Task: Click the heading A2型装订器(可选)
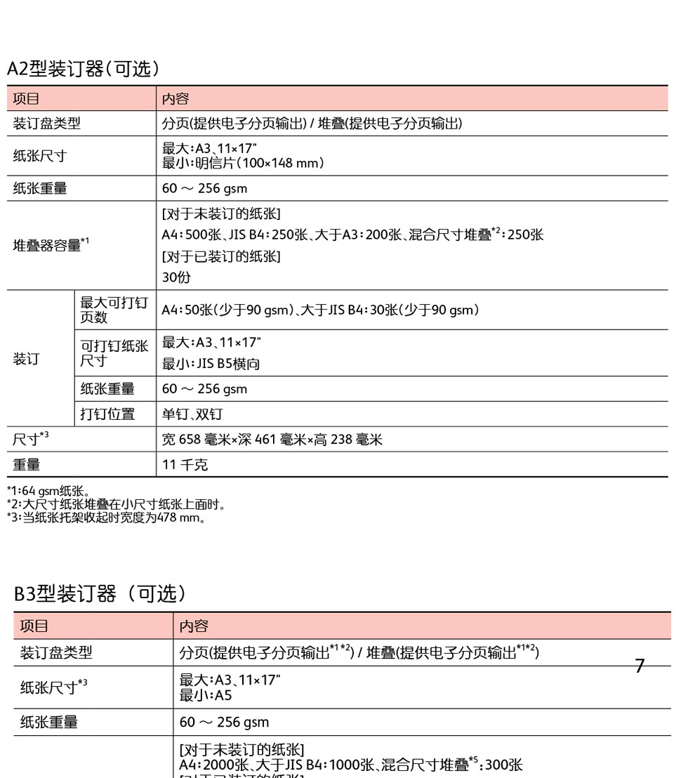point(84,69)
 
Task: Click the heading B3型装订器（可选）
point(100,594)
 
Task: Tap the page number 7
point(639,666)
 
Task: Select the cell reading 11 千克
point(185,465)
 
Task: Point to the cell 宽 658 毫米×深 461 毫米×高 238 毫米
point(272,440)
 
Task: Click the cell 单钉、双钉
point(192,414)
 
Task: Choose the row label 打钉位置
point(107,414)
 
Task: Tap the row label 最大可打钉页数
point(114,310)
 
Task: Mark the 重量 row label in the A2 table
point(27,465)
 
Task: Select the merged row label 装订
point(27,359)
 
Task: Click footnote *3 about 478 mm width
point(106,519)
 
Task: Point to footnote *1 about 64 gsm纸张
point(48,491)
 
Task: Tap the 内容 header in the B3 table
point(194,626)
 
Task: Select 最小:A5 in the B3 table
point(206,695)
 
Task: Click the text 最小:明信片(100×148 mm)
point(243,164)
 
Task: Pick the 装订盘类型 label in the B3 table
point(56,653)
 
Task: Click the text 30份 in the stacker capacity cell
point(176,277)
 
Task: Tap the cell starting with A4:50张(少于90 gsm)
point(320,310)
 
